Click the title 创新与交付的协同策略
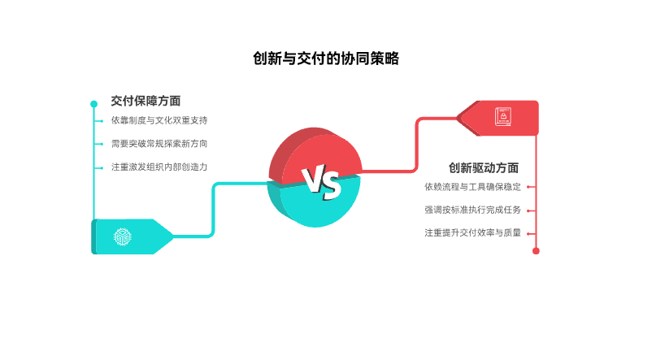[x=327, y=59]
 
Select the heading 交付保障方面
[x=146, y=101]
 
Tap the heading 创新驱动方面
[x=484, y=168]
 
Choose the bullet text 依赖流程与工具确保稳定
[x=472, y=186]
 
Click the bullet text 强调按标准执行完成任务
[x=472, y=210]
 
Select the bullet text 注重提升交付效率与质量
[x=472, y=232]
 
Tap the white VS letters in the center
[x=320, y=184]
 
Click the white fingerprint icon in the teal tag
[x=122, y=236]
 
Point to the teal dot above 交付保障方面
[x=94, y=103]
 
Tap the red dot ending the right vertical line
[x=536, y=251]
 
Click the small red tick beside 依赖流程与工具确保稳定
[x=530, y=186]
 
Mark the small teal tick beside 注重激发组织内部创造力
[x=98, y=167]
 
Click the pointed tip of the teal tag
[x=172, y=236]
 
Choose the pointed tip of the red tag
[x=458, y=118]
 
